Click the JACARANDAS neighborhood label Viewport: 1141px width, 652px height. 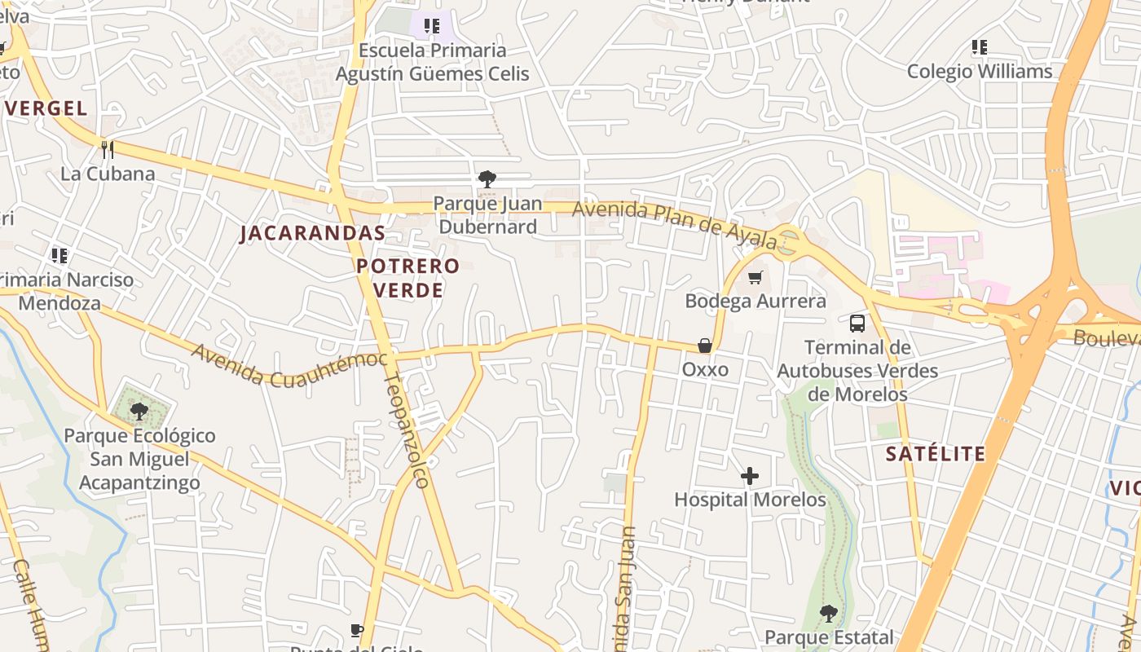coord(312,233)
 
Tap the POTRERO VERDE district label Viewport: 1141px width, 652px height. coord(407,277)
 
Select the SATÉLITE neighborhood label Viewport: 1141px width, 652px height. coord(935,454)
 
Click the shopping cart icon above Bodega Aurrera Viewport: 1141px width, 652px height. coord(755,278)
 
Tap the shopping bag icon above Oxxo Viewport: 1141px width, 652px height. coord(705,346)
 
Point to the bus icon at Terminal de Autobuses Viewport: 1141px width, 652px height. coord(857,324)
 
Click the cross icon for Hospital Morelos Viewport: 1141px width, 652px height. coord(750,476)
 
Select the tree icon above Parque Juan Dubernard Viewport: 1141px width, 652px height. coord(487,178)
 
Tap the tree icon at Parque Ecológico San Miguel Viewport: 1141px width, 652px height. coord(139,410)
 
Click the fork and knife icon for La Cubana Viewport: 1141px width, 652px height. coord(107,149)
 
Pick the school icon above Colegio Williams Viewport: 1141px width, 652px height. coord(980,47)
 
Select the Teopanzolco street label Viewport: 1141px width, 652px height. coord(406,430)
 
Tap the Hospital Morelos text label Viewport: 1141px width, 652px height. coord(750,500)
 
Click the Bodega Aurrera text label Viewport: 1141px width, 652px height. coord(755,301)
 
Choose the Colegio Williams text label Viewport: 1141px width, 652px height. coord(980,72)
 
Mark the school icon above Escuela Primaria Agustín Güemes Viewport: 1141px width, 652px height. coord(432,26)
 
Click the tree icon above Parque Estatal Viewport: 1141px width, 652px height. coord(829,613)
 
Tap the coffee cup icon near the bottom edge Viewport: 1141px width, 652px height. coord(357,630)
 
